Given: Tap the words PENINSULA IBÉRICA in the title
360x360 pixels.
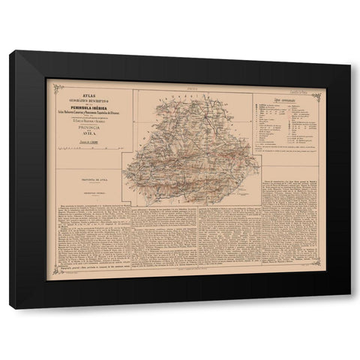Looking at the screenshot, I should pyautogui.click(x=88, y=103).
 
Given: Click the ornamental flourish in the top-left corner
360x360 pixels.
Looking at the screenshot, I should pyautogui.click(x=50, y=82).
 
